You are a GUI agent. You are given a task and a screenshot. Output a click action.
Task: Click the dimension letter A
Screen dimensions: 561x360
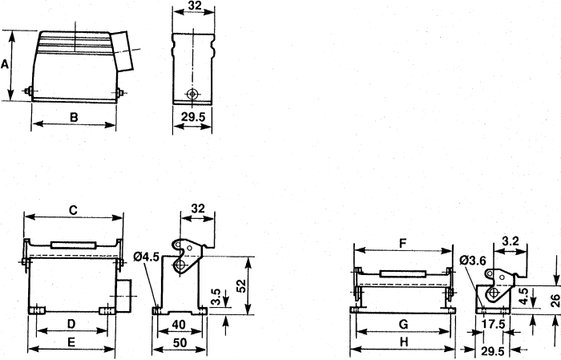click(5, 64)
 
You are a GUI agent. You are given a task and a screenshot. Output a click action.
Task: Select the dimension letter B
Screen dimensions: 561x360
click(74, 117)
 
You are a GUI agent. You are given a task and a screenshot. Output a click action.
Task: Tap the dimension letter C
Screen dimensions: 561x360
click(73, 210)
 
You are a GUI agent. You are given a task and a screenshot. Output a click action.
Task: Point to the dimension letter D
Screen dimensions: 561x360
click(71, 324)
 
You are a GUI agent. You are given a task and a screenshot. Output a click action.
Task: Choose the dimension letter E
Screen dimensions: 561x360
click(71, 342)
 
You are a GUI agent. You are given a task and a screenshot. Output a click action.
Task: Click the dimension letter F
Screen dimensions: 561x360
click(403, 243)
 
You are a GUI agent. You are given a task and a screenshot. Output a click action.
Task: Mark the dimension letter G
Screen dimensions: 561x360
click(403, 324)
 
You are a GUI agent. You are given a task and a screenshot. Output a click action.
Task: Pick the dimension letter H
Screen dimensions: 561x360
click(404, 342)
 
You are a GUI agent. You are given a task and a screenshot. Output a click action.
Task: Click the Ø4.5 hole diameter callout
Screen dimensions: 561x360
click(147, 257)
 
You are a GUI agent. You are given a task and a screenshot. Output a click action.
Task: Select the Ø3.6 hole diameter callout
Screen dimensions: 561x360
click(474, 261)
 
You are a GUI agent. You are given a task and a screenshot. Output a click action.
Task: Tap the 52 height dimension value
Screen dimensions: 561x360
click(242, 285)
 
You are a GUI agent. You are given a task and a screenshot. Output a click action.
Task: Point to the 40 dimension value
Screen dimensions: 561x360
click(179, 324)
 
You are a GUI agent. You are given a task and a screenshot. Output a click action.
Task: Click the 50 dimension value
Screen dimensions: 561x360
click(180, 342)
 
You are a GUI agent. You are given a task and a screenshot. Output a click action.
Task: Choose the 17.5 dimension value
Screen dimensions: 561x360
click(493, 324)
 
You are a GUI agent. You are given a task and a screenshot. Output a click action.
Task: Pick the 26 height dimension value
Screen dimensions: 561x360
click(555, 300)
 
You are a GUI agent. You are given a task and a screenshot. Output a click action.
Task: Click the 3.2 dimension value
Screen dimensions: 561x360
click(511, 241)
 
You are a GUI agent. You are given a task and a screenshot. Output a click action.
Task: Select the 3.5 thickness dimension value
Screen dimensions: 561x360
click(216, 297)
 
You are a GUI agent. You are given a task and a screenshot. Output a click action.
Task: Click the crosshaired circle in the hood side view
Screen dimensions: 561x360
click(192, 94)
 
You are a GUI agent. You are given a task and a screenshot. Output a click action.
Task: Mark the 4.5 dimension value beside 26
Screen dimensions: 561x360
click(523, 297)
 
